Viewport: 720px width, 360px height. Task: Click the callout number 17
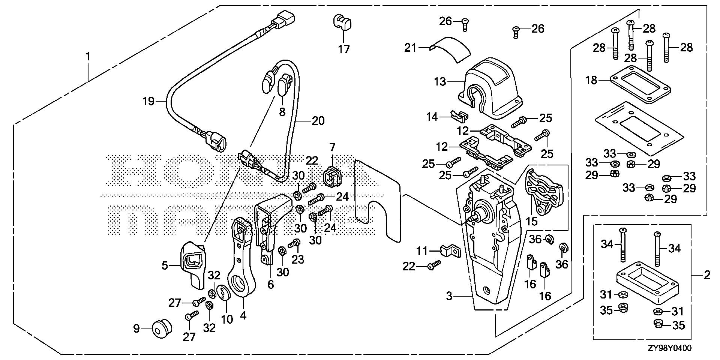tap(343, 49)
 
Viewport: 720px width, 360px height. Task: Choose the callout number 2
tap(707, 275)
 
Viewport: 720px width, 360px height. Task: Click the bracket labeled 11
tap(450, 251)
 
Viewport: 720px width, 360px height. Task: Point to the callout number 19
tap(148, 101)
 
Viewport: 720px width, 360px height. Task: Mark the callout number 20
tap(318, 121)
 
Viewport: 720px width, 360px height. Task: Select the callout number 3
tap(449, 296)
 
